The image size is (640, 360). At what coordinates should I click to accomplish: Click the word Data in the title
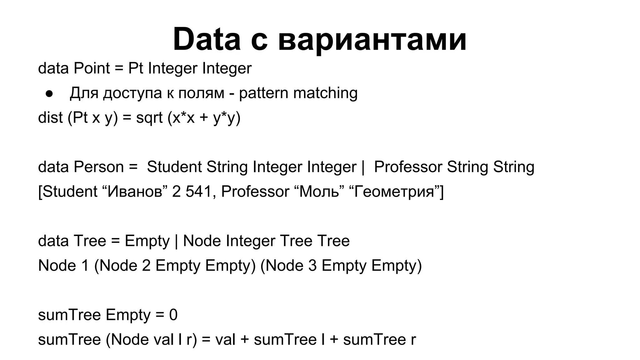coord(207,39)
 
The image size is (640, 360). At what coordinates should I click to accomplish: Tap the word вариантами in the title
coord(372,40)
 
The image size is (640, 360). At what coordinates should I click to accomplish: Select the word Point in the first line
coord(92,68)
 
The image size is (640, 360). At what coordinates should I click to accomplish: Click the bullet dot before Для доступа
coord(49,94)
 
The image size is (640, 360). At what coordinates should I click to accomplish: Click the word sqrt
coord(149,118)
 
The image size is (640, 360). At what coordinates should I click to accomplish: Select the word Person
coord(99,167)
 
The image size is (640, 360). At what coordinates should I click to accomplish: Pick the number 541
coord(199,192)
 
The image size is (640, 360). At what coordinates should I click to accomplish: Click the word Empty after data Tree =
coord(147,241)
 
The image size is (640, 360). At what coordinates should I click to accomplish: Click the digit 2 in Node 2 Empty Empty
coord(146,266)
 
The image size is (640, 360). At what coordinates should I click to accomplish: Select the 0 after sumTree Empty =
coord(173,315)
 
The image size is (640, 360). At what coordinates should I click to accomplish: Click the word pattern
coord(263,93)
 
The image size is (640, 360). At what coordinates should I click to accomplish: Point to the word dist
coord(50,118)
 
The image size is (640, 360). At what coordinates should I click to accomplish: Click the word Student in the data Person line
coord(174,167)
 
